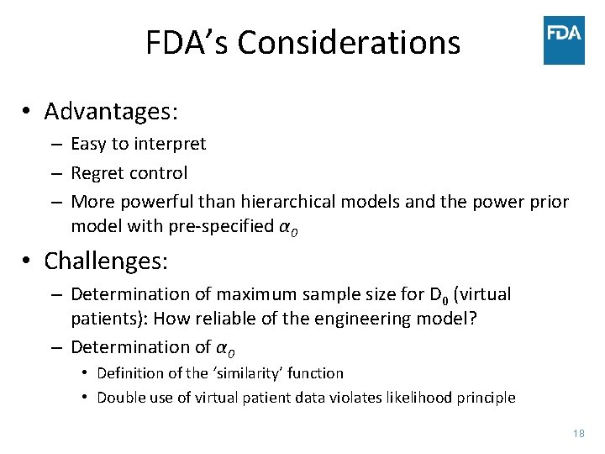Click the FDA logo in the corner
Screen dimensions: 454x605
564,40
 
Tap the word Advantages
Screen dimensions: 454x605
108,111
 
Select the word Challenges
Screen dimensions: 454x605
106,261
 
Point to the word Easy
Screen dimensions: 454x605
88,144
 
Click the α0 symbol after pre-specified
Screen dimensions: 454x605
287,227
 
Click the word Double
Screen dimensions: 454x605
119,398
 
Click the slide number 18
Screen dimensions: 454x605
577,434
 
